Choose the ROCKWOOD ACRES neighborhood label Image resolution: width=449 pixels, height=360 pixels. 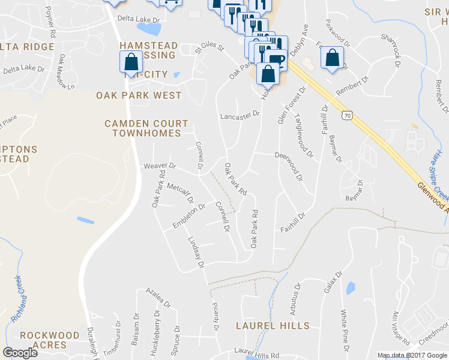point(50,340)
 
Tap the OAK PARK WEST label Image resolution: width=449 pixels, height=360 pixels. point(139,95)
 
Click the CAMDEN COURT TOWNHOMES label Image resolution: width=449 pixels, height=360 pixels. point(142,128)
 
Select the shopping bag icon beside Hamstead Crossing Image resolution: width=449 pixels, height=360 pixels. point(131,62)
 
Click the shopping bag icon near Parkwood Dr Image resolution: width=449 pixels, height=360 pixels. point(332,58)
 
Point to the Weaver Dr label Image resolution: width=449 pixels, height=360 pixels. point(159,166)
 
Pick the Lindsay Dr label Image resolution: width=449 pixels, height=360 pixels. point(196,251)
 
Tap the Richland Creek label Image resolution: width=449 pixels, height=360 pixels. point(16,299)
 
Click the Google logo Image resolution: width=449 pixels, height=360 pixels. point(20,352)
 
